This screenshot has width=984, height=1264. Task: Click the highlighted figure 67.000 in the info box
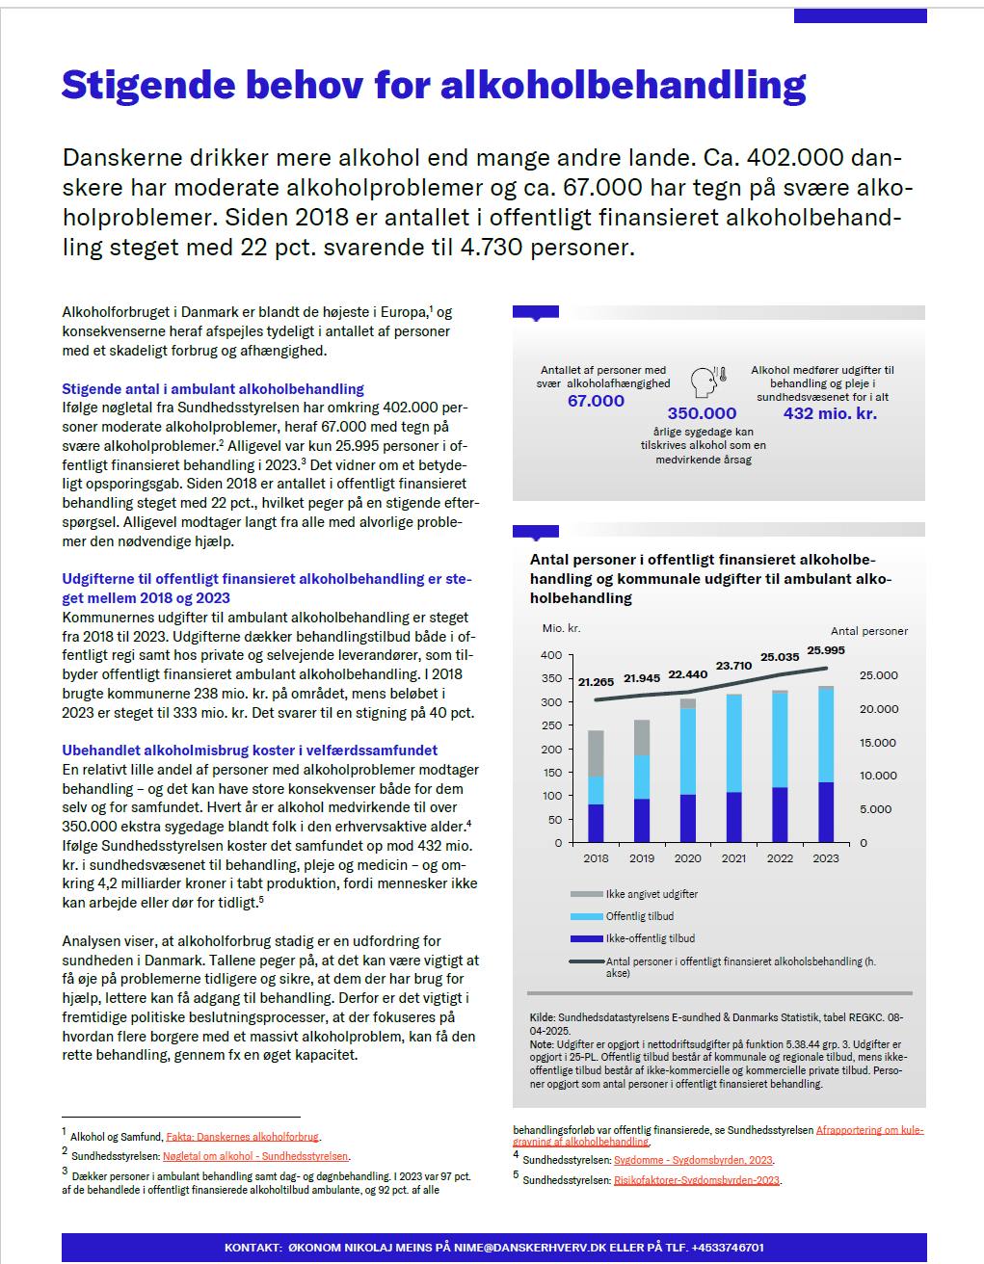pos(596,401)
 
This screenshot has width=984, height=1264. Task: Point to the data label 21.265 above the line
pos(598,681)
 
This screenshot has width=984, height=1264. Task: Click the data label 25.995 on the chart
pos(825,650)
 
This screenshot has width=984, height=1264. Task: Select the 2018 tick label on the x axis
pos(596,857)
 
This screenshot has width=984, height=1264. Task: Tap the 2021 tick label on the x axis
pos(733,857)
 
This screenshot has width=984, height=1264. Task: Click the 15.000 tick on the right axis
pos(877,743)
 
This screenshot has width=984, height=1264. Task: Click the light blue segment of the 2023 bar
pos(826,736)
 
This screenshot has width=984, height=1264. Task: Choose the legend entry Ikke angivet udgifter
pos(652,894)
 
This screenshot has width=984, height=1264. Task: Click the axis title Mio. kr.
pos(561,629)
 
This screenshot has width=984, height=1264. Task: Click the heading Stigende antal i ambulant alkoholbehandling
pos(213,389)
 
